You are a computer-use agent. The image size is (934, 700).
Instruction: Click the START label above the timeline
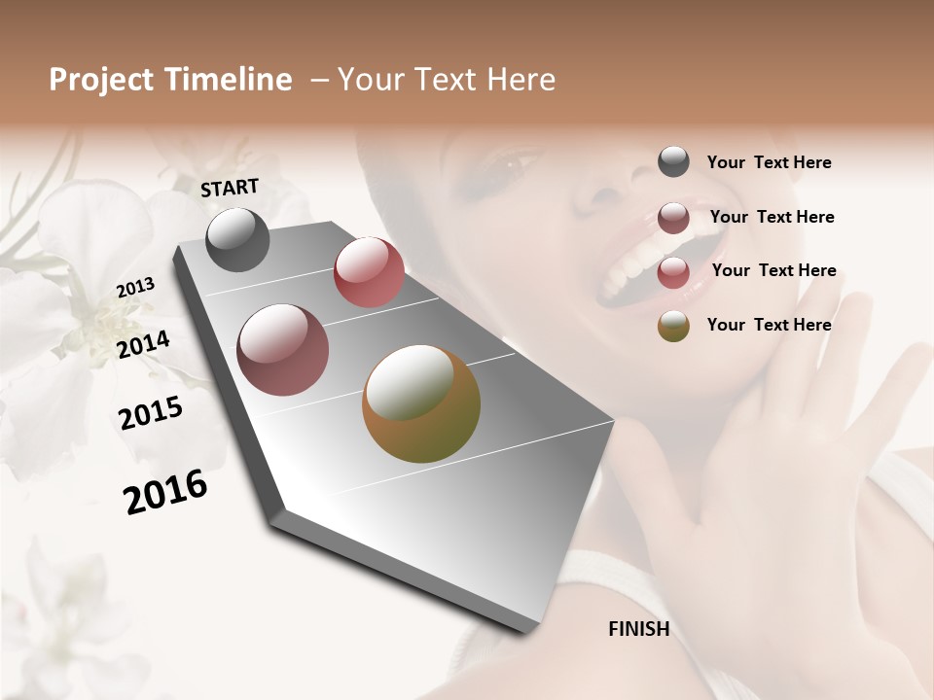point(230,188)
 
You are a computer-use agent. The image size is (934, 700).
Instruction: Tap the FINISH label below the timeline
point(638,629)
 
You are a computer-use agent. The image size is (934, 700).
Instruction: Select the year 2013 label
point(136,287)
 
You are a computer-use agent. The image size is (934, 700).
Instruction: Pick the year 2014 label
point(144,344)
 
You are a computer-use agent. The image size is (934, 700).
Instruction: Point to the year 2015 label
point(151,414)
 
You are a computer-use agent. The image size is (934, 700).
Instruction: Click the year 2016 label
point(165,492)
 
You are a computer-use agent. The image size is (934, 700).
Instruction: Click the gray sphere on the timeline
point(238,239)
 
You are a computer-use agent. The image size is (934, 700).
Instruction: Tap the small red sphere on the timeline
point(369,272)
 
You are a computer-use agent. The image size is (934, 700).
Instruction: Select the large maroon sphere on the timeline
point(283,350)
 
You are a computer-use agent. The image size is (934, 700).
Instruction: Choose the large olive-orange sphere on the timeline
point(421,403)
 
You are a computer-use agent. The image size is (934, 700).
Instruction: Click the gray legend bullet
point(673,162)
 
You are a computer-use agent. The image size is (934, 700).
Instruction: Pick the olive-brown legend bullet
point(673,326)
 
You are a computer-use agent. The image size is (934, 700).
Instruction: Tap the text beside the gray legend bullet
point(769,162)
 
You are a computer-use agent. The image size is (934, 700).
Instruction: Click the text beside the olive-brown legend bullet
point(769,325)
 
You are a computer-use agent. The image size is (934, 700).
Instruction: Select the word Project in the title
point(99,80)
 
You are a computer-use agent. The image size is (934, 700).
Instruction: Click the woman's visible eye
point(502,171)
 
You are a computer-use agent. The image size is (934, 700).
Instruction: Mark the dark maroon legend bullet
point(673,218)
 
